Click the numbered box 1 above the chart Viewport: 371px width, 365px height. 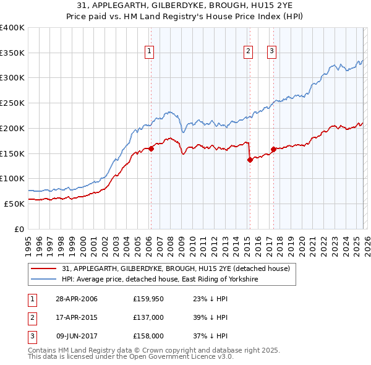[150, 51]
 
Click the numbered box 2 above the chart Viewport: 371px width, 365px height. [248, 51]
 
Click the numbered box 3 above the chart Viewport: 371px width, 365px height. [271, 51]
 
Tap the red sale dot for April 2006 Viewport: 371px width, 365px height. [151, 148]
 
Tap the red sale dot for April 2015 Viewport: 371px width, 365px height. [250, 160]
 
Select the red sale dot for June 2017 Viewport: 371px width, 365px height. [273, 149]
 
